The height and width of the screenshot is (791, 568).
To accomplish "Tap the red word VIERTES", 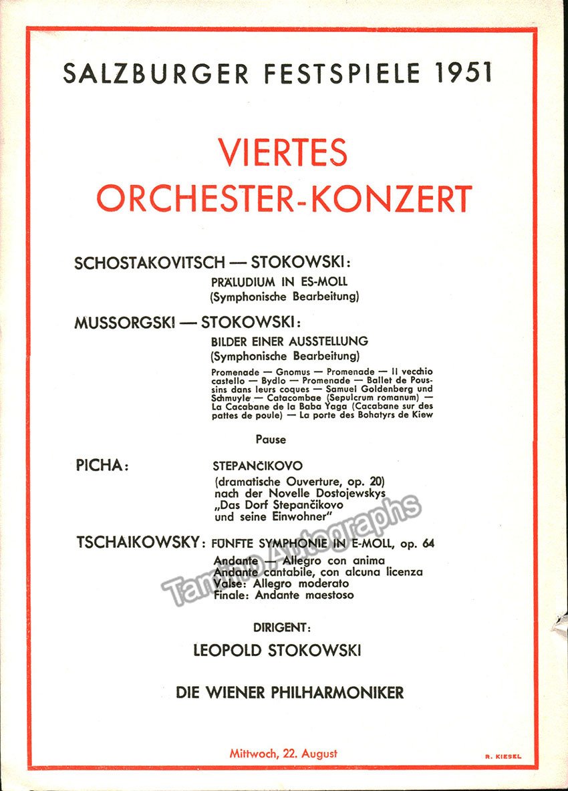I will tap(283, 152).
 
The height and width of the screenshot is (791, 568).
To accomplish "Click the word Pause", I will tap(271, 440).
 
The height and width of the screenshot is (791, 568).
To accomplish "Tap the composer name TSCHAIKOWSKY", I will tap(136, 542).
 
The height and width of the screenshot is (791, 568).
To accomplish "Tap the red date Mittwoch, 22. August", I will tap(283, 754).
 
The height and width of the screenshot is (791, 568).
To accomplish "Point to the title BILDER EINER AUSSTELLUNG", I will tap(289, 342).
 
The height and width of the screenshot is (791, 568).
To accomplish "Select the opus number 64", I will tap(428, 544).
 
